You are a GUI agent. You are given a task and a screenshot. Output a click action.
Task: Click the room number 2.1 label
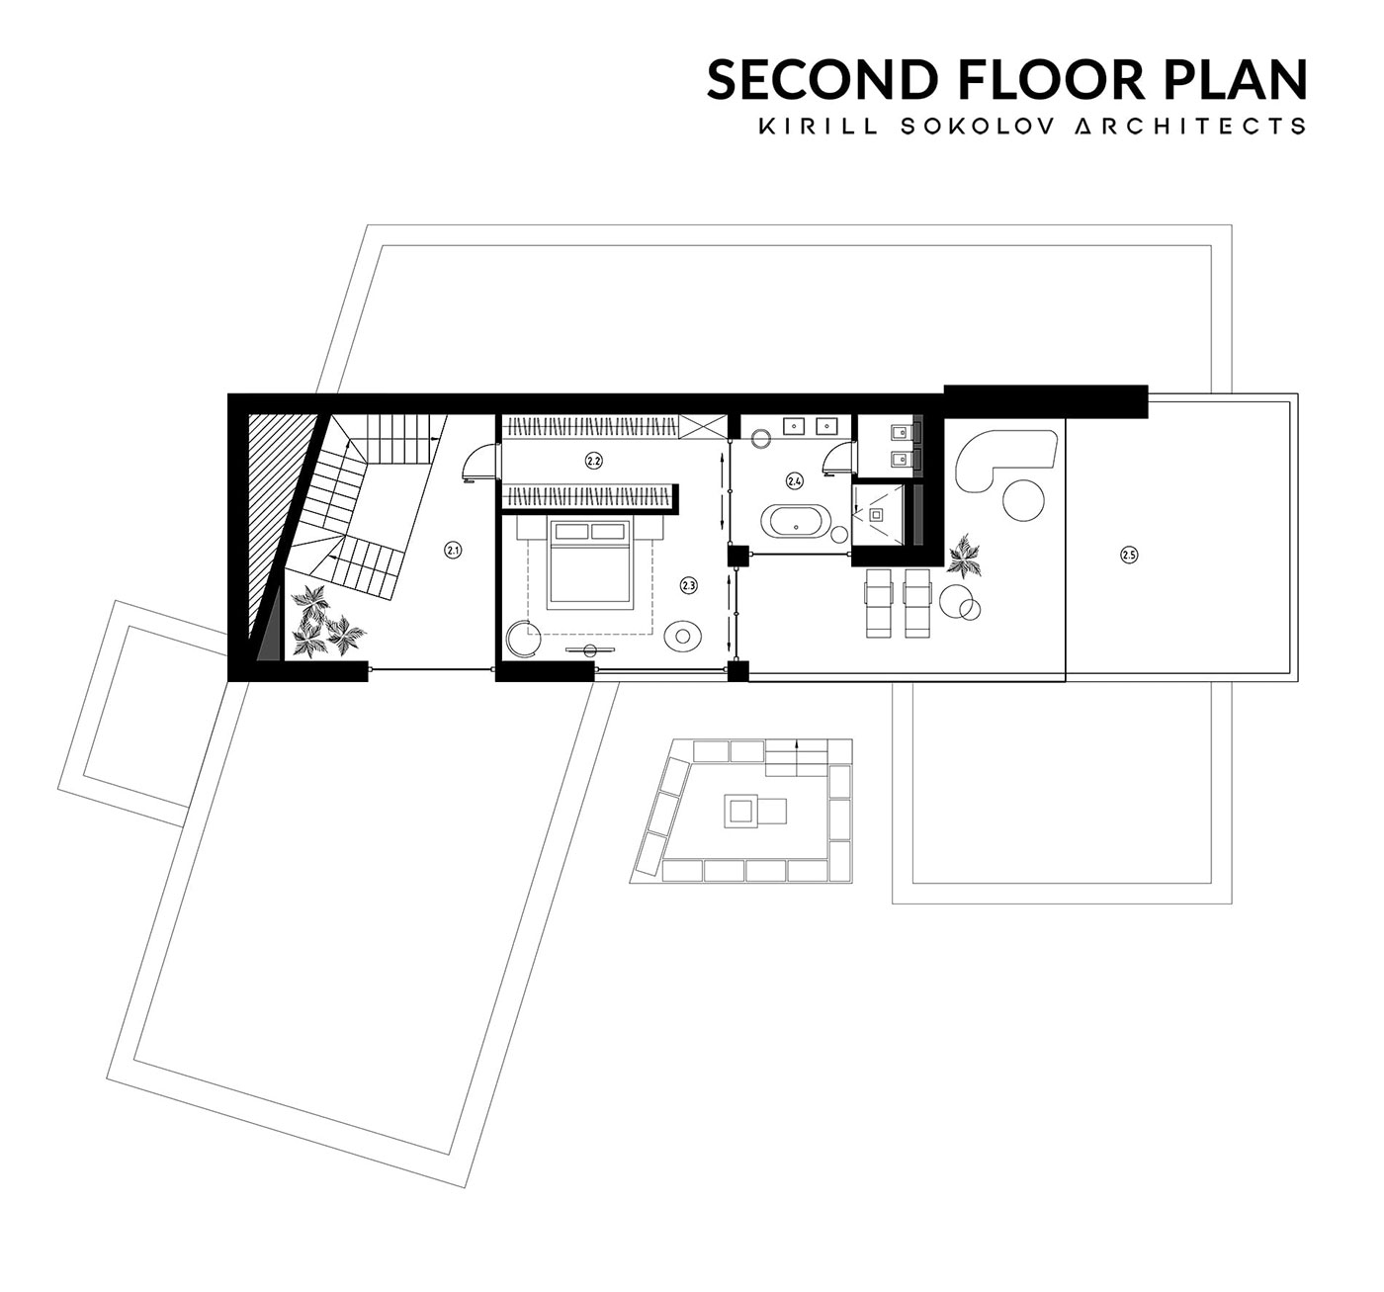tap(453, 551)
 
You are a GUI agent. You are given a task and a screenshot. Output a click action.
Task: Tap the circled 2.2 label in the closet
tap(594, 461)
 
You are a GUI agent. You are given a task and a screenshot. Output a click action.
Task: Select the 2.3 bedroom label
tap(688, 585)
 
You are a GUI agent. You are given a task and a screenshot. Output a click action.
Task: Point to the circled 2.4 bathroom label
tap(795, 480)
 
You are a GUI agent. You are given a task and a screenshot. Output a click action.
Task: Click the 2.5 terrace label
tap(1129, 555)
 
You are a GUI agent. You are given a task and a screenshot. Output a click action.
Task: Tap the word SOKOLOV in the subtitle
tap(979, 127)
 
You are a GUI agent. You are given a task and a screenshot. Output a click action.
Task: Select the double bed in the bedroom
tap(590, 563)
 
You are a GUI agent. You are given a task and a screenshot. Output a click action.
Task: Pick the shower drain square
tap(877, 514)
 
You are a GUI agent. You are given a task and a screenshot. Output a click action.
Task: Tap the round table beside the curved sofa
tap(1023, 499)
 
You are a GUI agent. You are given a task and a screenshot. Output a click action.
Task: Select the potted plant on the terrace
tap(965, 557)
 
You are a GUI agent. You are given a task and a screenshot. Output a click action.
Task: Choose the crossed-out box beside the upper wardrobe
tap(703, 426)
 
